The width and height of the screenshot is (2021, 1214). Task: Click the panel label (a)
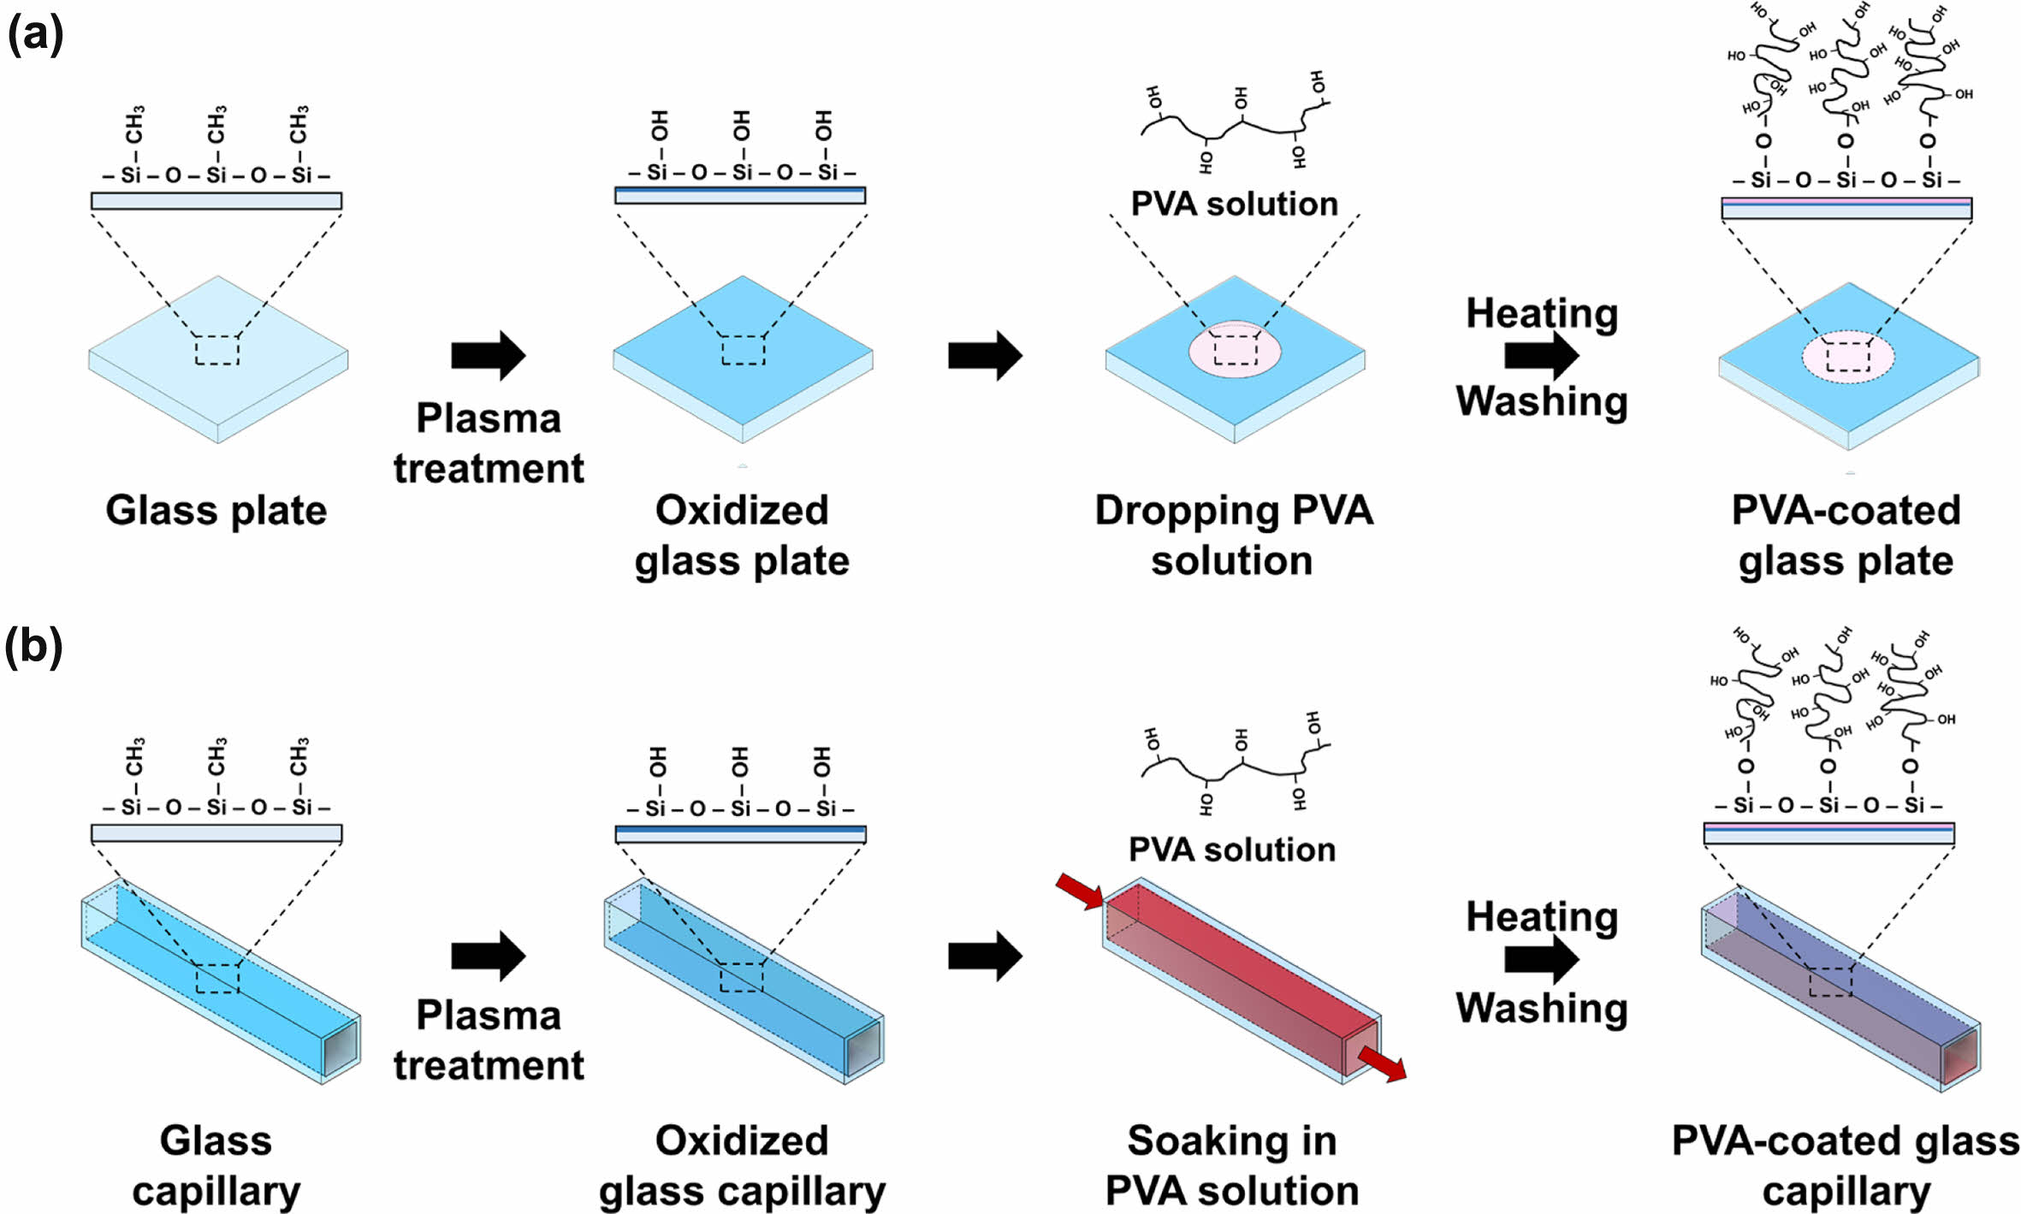point(35,36)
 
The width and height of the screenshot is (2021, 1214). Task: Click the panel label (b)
point(34,647)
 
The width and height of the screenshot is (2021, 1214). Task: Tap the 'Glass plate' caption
point(216,511)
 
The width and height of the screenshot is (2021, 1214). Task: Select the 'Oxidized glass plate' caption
point(742,536)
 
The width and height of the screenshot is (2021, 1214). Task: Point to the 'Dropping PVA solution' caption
point(1233,536)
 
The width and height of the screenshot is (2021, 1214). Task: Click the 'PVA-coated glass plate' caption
point(1846,536)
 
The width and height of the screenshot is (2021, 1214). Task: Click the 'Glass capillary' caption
point(216,1165)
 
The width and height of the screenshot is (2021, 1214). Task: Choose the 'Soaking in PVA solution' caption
point(1232,1165)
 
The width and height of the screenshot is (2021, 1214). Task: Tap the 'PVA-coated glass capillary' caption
point(1846,1165)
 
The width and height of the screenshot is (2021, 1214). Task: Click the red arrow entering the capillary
point(1079,891)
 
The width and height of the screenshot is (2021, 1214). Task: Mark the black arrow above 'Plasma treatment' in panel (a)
point(488,355)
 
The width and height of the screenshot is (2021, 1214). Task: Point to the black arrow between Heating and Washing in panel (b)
point(1541,959)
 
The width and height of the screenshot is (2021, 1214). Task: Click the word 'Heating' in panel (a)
point(1542,314)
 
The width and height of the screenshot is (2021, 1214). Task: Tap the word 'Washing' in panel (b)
point(1542,1008)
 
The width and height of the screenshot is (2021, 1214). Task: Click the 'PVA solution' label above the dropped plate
point(1234,204)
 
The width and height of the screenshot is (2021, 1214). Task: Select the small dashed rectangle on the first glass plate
point(217,351)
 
